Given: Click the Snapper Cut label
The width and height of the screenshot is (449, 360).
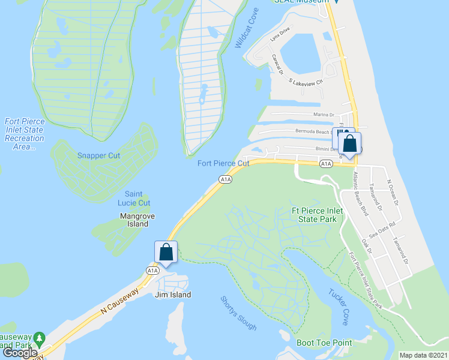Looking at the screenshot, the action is (x=99, y=155).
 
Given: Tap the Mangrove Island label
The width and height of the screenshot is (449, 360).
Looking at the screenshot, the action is (x=134, y=220).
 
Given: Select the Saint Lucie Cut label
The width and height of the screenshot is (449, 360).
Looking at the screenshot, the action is (x=137, y=198).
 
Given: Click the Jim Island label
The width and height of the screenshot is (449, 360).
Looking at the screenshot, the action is (x=172, y=295).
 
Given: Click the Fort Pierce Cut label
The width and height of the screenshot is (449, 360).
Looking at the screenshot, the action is (x=223, y=163).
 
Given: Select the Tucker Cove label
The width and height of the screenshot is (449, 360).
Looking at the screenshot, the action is (x=338, y=307).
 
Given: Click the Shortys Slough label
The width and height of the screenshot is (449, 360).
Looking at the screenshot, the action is (x=238, y=313).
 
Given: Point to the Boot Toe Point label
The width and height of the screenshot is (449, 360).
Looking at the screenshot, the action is (x=324, y=343).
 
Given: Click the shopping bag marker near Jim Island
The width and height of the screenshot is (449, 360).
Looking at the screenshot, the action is (x=166, y=252).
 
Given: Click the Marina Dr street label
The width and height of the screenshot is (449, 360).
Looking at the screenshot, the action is (x=323, y=115).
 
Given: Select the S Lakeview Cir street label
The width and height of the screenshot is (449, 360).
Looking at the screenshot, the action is (x=306, y=81).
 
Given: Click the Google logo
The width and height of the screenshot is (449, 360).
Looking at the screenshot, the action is (x=20, y=353).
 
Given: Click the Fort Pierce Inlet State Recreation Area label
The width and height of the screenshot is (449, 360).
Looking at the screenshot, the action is (x=24, y=134).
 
